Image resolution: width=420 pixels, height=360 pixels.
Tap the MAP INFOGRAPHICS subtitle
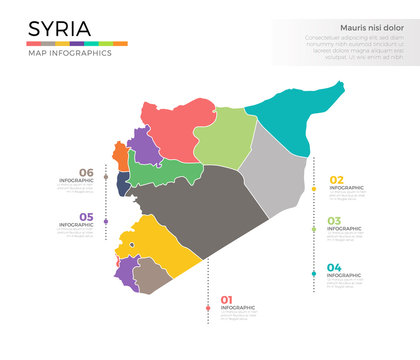click(x=68, y=53)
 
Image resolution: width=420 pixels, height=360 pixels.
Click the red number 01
click(x=226, y=299)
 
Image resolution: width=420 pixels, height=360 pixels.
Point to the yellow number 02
click(x=336, y=179)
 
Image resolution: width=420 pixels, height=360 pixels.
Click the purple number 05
click(x=87, y=217)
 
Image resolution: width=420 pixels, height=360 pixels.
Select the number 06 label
click(x=86, y=172)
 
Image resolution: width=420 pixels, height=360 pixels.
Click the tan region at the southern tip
click(x=150, y=277)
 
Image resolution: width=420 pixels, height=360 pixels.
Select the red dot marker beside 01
click(x=208, y=307)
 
